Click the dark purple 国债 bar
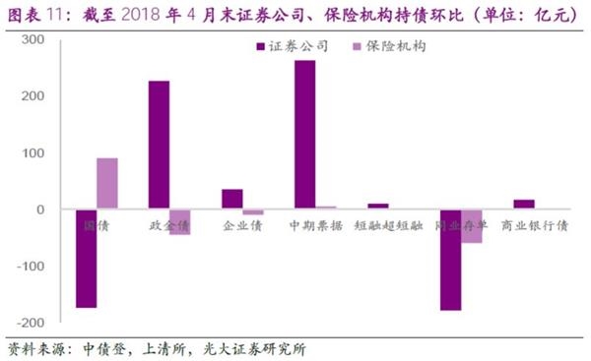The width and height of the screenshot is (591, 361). pos(87,259)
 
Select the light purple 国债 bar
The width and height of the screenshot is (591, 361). pos(107,184)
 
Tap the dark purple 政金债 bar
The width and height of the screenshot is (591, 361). pos(159,145)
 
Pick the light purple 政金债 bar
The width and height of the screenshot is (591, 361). pos(179,221)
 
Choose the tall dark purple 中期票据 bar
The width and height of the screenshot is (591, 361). pos(304,135)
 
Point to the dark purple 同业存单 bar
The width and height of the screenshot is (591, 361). pos(450,260)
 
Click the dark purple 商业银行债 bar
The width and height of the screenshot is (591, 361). pos(523,205)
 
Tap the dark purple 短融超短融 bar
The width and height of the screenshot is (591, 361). pos(377,207)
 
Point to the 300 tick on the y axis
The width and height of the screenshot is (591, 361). pos(33,39)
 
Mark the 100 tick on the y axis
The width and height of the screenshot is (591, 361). pos(33,152)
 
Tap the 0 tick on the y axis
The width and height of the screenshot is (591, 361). pos(41,210)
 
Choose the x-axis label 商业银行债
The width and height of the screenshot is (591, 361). pos(534,225)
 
